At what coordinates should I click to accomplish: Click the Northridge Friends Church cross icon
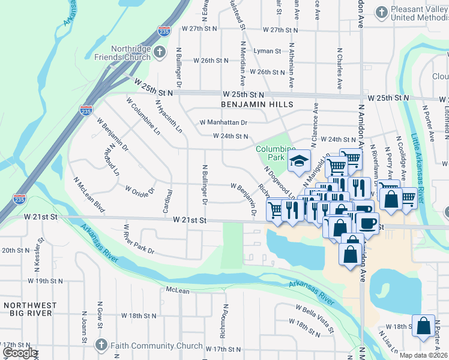pyautogui.click(x=160, y=52)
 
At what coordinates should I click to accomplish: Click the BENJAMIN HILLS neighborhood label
pyautogui.click(x=257, y=104)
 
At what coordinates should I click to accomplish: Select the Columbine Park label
pyautogui.click(x=276, y=153)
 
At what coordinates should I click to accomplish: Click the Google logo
pyautogui.click(x=19, y=352)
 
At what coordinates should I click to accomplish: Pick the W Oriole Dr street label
pyautogui.click(x=140, y=190)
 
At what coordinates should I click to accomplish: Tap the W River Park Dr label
pyautogui.click(x=139, y=239)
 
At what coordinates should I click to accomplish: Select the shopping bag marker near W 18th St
pyautogui.click(x=424, y=326)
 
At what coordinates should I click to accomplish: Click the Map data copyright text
pyautogui.click(x=424, y=355)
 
